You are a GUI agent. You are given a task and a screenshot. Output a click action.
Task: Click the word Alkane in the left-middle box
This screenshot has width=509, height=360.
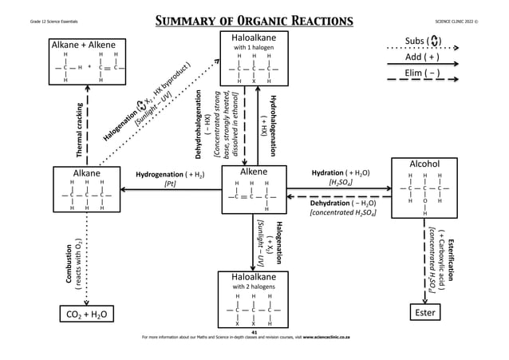click(x=87, y=172)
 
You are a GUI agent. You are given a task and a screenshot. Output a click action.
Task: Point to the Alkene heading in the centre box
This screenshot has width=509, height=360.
click(x=254, y=172)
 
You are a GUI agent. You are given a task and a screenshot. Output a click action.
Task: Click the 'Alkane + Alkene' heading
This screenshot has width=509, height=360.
click(x=84, y=44)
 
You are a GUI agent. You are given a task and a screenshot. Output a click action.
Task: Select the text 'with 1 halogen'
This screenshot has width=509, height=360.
click(x=254, y=48)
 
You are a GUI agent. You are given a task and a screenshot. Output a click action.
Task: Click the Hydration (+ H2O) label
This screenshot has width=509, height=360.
click(x=344, y=172)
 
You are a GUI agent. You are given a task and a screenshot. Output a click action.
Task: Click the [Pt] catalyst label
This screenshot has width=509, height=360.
click(x=170, y=184)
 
